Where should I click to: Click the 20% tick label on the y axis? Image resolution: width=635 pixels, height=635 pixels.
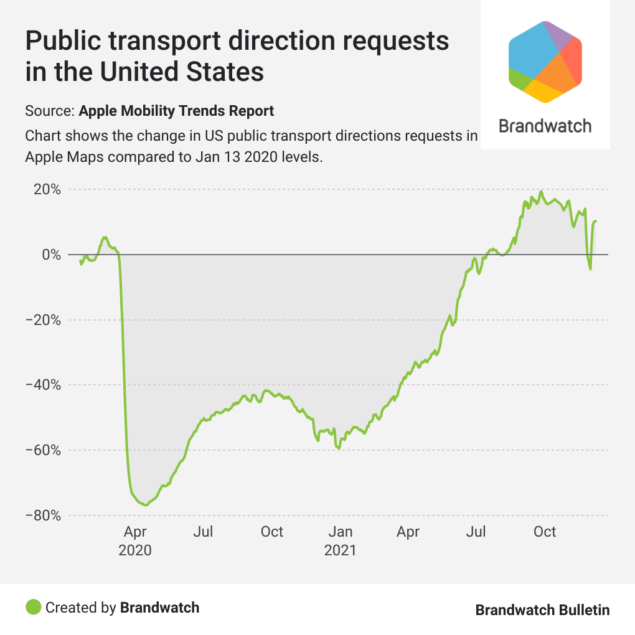[48, 189]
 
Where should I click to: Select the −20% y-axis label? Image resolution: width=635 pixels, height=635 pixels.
[44, 320]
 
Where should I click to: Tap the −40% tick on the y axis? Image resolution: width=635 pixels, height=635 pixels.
[44, 385]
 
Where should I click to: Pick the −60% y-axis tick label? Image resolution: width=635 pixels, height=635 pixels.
[44, 450]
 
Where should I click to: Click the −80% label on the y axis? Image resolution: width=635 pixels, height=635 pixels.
[44, 515]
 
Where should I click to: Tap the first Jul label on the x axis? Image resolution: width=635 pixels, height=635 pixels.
[204, 532]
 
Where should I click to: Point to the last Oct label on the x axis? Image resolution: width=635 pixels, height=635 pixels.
[545, 532]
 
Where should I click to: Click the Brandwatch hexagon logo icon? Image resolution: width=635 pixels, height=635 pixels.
[545, 61]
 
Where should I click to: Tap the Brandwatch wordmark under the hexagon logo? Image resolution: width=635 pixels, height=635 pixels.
[545, 126]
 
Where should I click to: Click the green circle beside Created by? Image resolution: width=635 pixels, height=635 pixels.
[34, 607]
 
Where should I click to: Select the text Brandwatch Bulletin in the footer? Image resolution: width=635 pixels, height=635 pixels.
[542, 609]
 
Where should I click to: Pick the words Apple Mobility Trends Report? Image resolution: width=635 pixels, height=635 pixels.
[177, 111]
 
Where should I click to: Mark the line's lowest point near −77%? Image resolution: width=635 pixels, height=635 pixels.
[145, 505]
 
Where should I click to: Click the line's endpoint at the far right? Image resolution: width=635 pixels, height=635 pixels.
[596, 221]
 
